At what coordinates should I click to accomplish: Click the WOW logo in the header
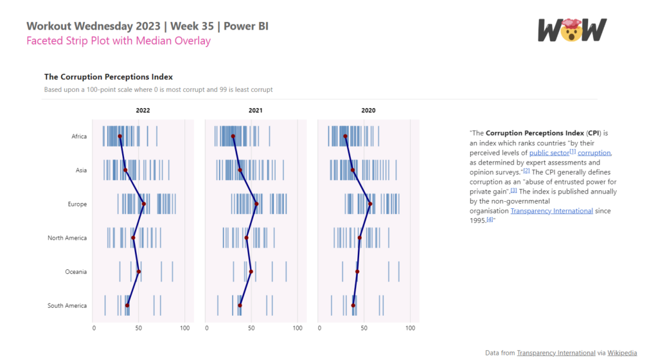572,30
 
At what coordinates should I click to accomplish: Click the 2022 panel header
143,111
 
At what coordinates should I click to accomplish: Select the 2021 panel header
256,111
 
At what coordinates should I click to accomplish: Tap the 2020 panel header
368,111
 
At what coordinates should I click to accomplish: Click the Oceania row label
76,272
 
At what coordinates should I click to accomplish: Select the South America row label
67,305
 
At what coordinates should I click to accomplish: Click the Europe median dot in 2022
144,204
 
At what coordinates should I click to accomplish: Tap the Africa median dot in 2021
233,136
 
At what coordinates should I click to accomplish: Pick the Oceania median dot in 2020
357,272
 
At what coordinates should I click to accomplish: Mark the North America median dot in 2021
247,238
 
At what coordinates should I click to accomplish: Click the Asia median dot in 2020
353,170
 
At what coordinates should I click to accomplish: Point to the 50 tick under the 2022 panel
139,328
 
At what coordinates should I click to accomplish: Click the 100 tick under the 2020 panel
410,328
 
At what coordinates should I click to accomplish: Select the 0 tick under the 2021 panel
207,328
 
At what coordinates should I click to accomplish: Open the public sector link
549,153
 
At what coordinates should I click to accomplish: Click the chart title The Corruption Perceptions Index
108,77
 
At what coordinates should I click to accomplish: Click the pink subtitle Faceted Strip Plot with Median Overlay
118,41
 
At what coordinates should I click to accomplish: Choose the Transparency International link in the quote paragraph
551,211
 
